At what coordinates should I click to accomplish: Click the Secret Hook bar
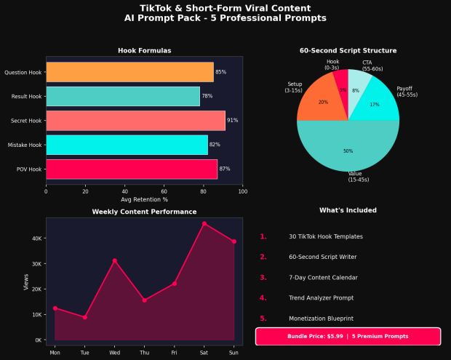[x=135, y=120]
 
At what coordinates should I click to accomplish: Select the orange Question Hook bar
[x=129, y=72]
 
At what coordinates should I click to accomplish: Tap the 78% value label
[x=207, y=96]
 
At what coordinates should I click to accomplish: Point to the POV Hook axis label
[x=29, y=169]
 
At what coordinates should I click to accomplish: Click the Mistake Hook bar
[x=127, y=145]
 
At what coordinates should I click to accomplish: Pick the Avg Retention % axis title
[x=144, y=199]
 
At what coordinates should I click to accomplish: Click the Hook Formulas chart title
[x=144, y=51]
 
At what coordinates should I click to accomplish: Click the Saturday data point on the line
[x=204, y=224]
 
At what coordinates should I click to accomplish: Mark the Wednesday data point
[x=114, y=260]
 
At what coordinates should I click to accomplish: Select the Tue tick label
[x=84, y=352]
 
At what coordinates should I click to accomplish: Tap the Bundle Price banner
[x=348, y=337]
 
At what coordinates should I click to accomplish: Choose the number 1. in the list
[x=263, y=237]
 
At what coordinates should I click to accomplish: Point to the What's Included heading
[x=348, y=210]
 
